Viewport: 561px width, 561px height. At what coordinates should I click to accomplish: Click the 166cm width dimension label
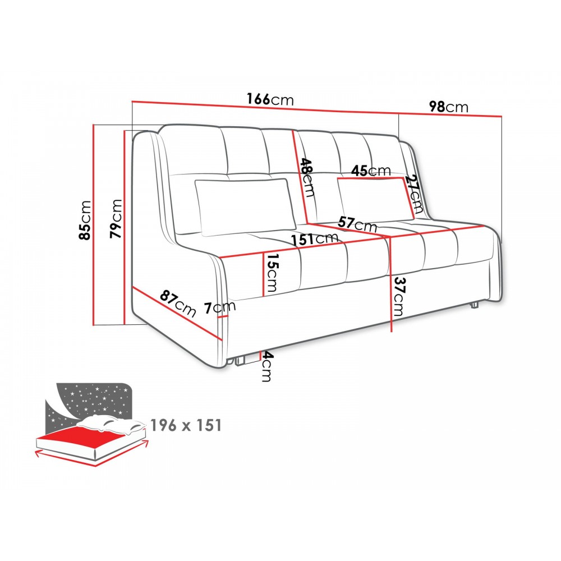(x=270, y=99)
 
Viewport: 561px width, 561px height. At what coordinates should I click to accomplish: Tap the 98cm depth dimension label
(x=449, y=107)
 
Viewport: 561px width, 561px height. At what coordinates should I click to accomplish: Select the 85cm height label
(x=85, y=220)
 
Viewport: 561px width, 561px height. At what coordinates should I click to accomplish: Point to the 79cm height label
(x=116, y=219)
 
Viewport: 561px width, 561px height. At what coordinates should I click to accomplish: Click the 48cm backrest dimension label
(x=307, y=177)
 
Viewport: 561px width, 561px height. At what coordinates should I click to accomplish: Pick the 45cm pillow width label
(x=371, y=171)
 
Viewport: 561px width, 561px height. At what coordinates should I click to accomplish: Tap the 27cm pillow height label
(x=415, y=193)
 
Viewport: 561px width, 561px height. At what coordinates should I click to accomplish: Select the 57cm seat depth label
(x=357, y=224)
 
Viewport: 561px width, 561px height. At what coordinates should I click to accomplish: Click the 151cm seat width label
(x=314, y=238)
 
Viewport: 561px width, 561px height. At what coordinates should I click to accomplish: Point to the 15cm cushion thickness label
(x=272, y=273)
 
